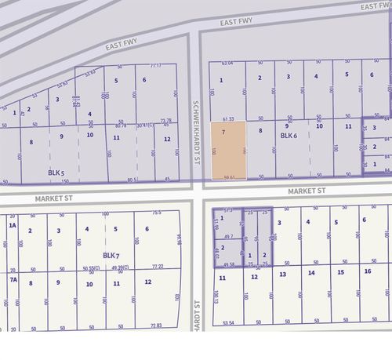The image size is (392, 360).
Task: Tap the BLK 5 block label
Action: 55,171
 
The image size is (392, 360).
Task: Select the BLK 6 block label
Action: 289,136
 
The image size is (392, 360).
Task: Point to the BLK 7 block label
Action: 111,256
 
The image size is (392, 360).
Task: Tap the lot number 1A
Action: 12,227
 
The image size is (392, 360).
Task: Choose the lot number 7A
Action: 12,280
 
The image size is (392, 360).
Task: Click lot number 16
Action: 367,271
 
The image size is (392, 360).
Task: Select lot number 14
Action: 311,272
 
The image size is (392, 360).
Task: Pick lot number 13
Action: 282,274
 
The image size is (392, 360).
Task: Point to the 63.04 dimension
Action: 227,63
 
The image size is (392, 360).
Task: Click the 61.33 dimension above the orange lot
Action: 227,118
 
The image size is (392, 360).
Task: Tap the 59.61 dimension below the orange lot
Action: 229,177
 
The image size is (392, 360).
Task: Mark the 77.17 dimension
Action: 155,65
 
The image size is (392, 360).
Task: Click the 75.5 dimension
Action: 156,212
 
